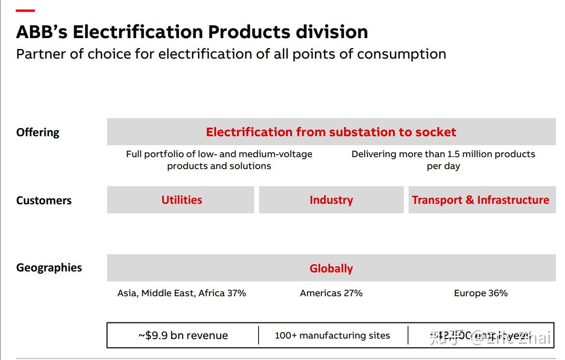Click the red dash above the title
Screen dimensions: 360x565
coord(25,10)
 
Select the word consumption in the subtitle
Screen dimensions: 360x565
coord(401,54)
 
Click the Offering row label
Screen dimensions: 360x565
coord(38,132)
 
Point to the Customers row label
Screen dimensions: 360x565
coord(44,200)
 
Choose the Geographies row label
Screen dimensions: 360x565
coord(49,268)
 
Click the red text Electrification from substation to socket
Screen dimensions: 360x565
coord(331,132)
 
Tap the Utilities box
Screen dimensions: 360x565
coord(181,200)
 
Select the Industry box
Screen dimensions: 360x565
coord(331,200)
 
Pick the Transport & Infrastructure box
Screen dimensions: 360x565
coord(481,200)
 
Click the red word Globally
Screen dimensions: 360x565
coord(331,269)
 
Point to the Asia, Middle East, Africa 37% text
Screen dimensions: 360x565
coord(181,293)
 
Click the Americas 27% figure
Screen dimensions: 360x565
coord(331,293)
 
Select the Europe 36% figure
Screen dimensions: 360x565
coord(481,293)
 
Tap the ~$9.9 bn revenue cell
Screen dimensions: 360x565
coord(183,336)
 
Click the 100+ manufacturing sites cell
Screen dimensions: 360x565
coord(332,336)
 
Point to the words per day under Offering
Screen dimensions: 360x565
coord(443,166)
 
